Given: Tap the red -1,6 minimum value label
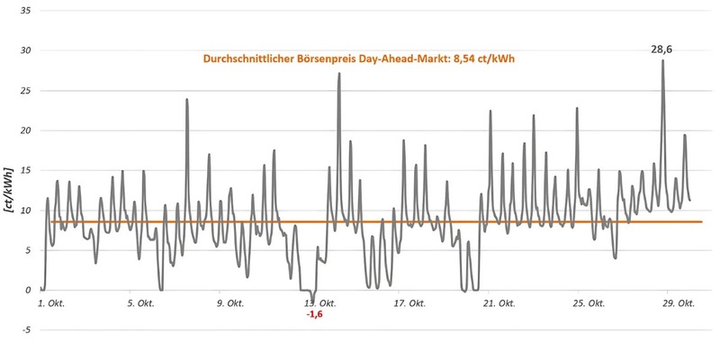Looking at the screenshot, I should (315, 315).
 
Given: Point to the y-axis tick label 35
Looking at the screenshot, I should (25, 11).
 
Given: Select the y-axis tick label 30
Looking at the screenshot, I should (25, 50).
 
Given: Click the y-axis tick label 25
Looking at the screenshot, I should (25, 91).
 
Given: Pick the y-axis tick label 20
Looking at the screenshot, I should (25, 130).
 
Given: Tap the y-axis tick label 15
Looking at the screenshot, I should (25, 170).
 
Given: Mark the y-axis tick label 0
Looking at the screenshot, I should (28, 290).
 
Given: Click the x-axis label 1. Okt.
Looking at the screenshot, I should (52, 303).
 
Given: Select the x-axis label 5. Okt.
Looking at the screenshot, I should (141, 303).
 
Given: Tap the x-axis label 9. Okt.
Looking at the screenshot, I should (229, 303).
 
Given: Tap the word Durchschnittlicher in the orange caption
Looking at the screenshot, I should (252, 59).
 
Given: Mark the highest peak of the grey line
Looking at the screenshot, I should (663, 61).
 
